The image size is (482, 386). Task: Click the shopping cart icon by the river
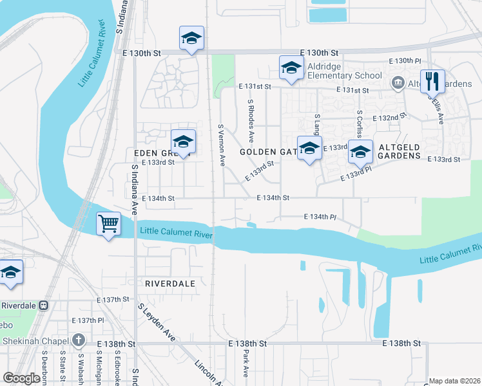[109, 225]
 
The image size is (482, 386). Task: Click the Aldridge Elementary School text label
[345, 71]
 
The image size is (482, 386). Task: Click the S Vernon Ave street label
[221, 145]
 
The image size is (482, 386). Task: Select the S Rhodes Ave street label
[251, 121]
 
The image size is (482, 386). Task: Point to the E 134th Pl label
[320, 217]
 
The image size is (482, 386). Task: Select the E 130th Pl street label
[405, 60]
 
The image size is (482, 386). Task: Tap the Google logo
[22, 378]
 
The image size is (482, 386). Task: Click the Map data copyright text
[454, 381]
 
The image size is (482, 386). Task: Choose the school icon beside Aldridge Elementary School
[291, 68]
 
